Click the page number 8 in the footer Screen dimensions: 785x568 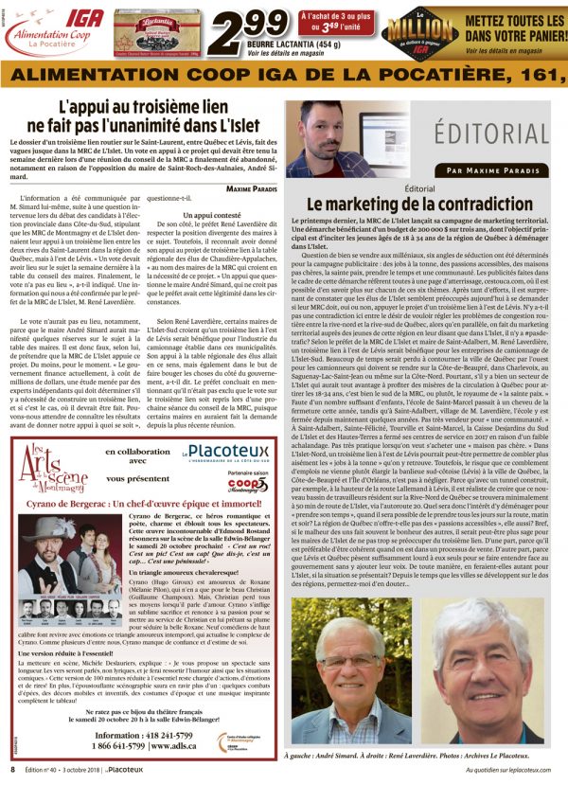pyautogui.click(x=11, y=771)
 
